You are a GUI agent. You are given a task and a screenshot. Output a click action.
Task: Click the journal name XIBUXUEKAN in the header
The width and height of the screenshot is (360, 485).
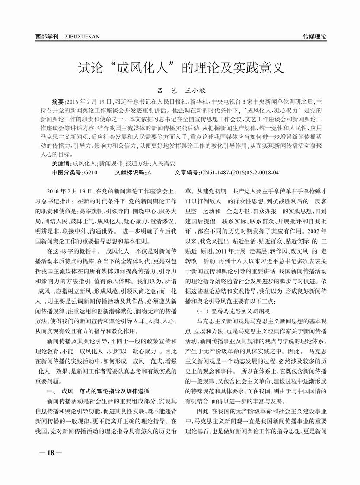coord(82,37)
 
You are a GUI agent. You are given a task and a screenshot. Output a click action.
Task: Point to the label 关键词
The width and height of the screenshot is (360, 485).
coord(60,164)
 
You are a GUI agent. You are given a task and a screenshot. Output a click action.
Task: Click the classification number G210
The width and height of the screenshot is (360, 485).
coord(90,172)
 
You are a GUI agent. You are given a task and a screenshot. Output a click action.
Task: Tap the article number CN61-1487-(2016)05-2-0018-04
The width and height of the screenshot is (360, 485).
coord(240,172)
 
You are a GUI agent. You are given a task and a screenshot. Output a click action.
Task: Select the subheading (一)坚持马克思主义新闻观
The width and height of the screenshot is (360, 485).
coord(233,311)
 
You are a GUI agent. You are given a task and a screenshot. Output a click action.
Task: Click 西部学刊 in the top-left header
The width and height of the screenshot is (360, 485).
coord(47,37)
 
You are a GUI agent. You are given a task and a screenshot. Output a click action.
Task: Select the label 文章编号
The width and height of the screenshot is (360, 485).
coord(187,172)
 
